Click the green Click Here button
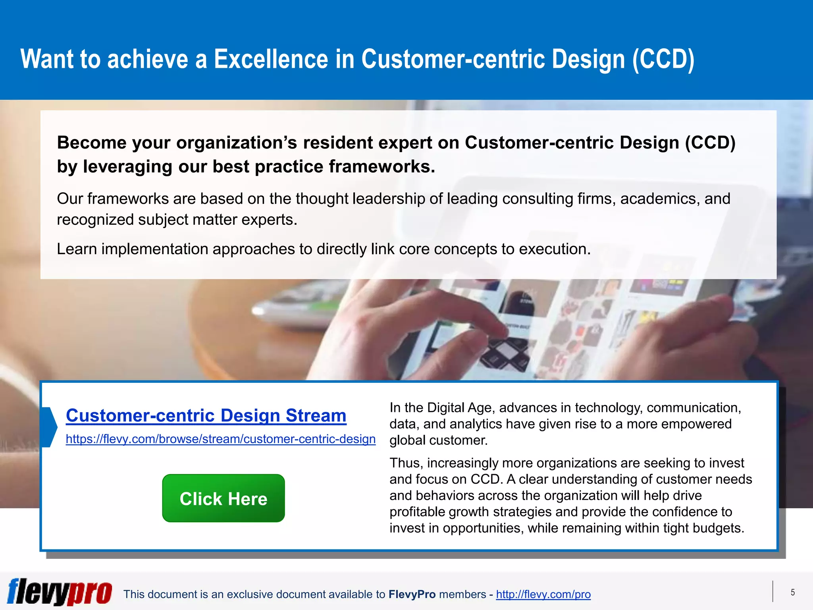223,498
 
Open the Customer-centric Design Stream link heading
206,415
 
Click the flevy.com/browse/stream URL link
220,439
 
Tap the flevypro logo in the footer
60,592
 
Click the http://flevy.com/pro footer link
543,594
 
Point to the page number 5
792,593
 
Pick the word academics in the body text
658,199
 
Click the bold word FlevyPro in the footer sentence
412,594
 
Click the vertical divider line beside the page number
773,591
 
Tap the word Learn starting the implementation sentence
77,249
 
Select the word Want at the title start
47,59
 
